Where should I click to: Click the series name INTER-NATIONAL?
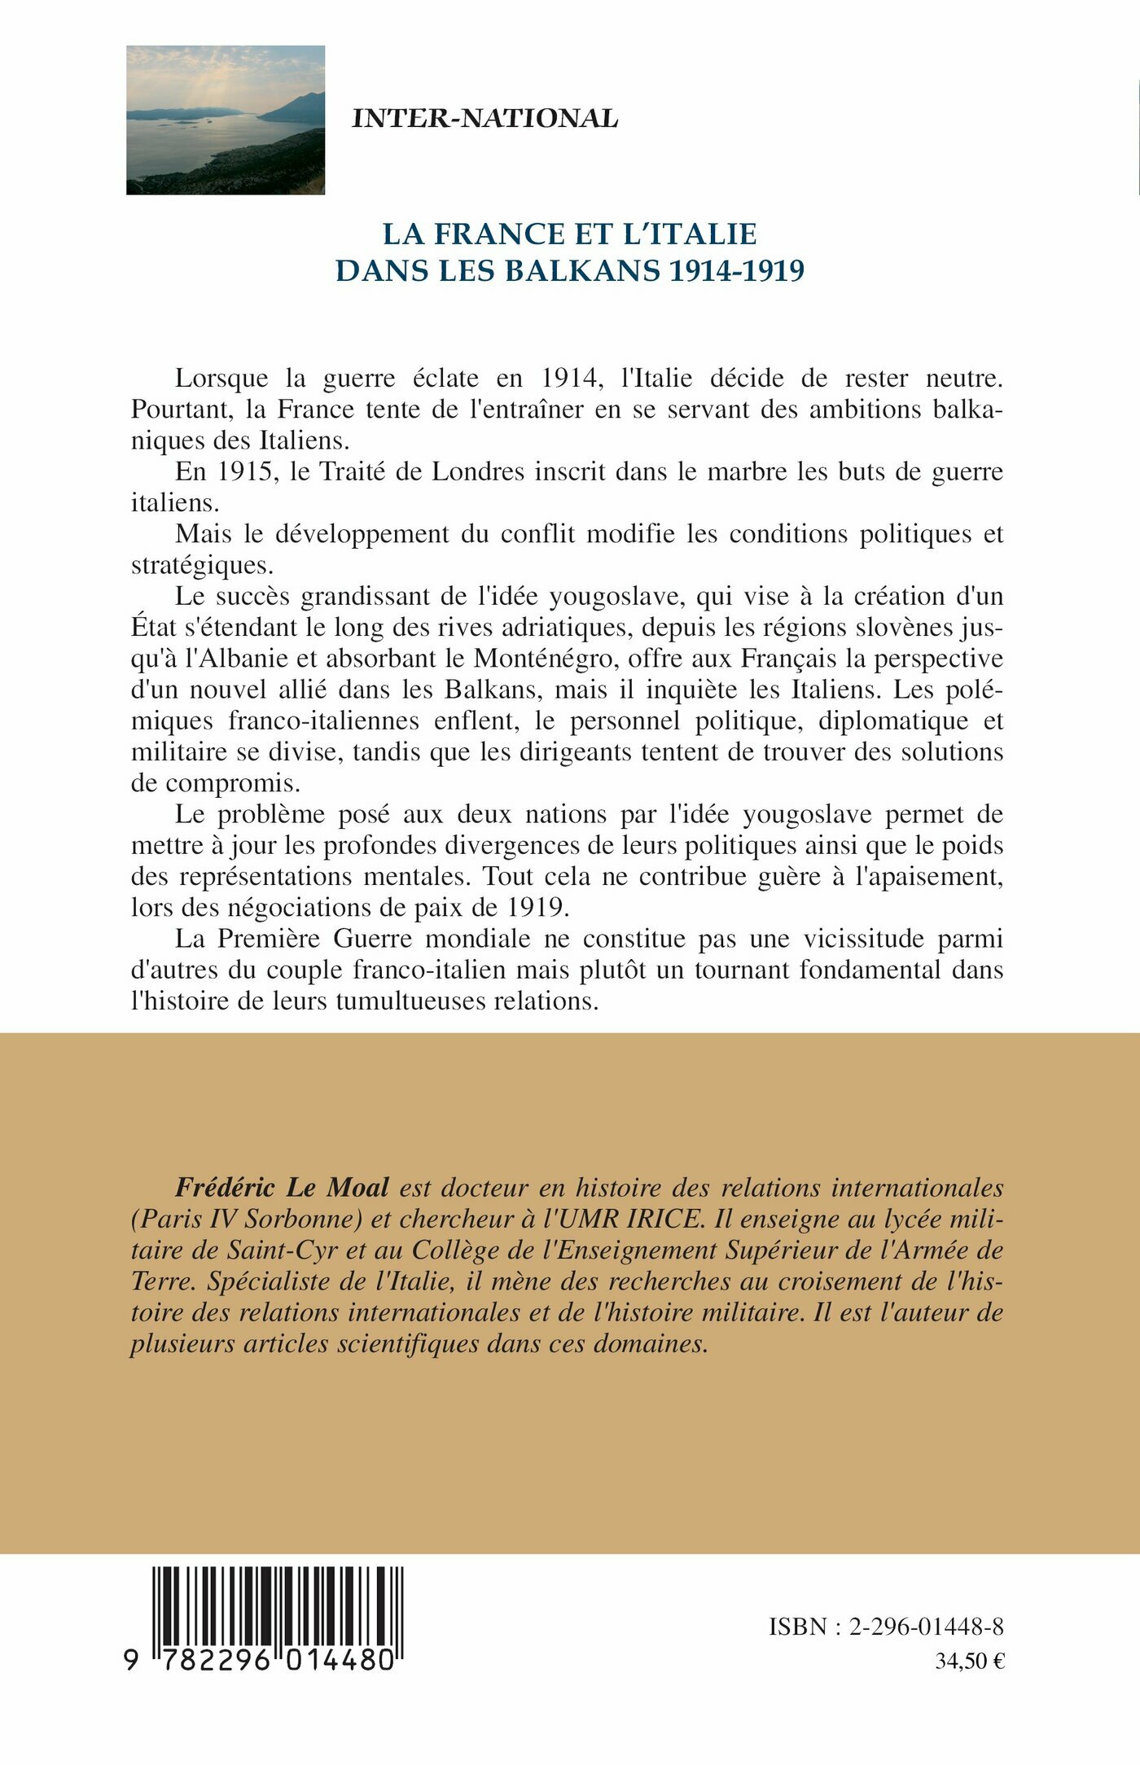tap(484, 119)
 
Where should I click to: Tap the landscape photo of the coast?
tap(226, 120)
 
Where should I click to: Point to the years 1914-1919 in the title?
tap(736, 270)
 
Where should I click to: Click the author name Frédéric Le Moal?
tap(282, 1188)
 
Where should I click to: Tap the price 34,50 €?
tap(969, 1661)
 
